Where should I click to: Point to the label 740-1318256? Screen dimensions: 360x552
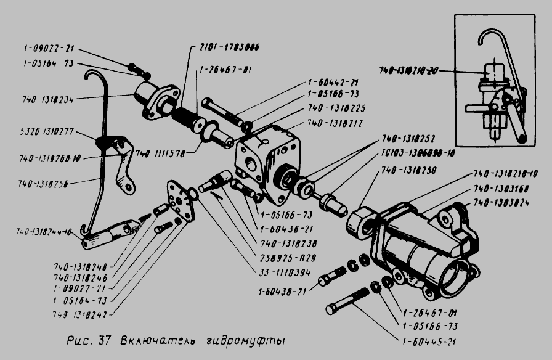coord(44,183)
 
